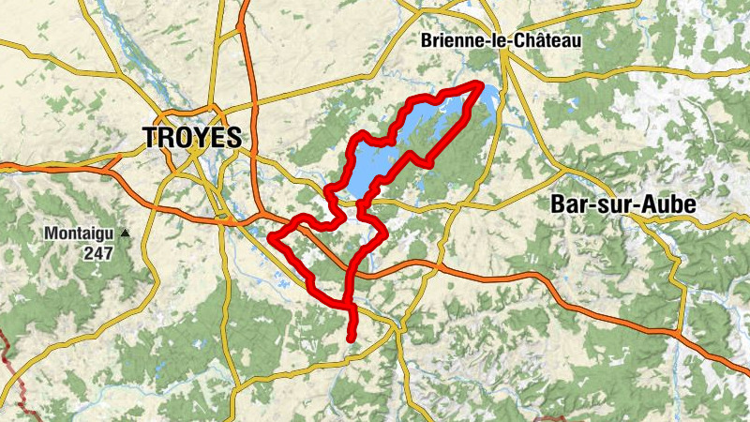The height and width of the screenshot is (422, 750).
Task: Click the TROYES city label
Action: pos(192,137)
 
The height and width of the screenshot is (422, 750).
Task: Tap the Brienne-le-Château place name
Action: pos(501,40)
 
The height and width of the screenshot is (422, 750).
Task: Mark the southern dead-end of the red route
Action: pos(350,339)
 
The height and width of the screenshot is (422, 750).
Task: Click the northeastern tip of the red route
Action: pos(481,85)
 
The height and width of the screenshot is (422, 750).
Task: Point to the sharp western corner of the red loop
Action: pos(272,237)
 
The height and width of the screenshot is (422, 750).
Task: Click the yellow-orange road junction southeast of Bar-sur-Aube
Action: pos(675,333)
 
